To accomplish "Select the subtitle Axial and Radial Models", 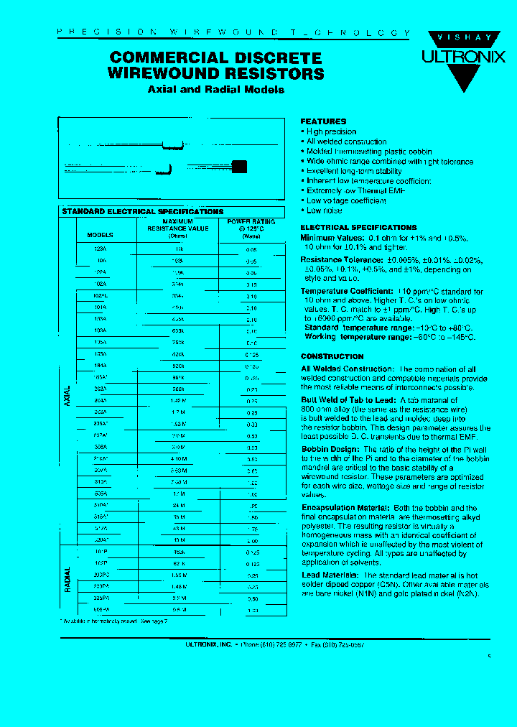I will (215, 90).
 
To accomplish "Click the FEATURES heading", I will (323, 121).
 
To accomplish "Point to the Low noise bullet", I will (324, 210).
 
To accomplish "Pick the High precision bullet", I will (330, 131).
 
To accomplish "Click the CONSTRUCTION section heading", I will (332, 356).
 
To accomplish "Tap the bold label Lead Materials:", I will (330, 575).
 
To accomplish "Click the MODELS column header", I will (100, 235).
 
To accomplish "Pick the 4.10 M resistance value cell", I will (178, 458).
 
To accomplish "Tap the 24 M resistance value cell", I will (178, 505).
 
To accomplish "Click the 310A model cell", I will (100, 482).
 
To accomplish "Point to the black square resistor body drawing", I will (239, 167).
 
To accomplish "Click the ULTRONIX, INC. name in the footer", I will (208, 645).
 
